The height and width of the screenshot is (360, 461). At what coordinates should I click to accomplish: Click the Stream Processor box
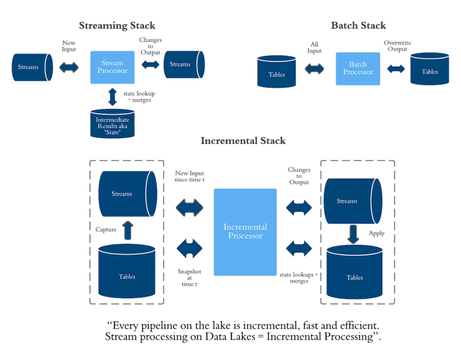click(x=112, y=67)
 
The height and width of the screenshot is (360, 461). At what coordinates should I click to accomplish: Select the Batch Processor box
click(x=358, y=69)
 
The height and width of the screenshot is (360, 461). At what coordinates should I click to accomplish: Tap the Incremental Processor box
click(x=245, y=232)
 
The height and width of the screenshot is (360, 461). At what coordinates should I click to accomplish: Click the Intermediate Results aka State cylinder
click(x=112, y=124)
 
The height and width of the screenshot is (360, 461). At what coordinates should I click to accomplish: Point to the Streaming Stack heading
click(x=117, y=26)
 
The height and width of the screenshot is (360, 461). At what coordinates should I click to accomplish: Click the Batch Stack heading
click(x=359, y=26)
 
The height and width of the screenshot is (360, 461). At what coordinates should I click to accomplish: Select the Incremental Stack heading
click(x=243, y=141)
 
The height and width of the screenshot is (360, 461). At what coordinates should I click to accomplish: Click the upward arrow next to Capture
click(x=128, y=230)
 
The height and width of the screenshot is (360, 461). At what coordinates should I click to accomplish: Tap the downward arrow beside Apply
click(x=353, y=234)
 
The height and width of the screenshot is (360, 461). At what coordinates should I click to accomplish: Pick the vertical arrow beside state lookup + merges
click(x=112, y=97)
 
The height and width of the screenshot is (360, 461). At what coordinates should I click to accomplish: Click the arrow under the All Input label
click(x=314, y=69)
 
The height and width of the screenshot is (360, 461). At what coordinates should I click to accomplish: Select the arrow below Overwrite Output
click(x=396, y=69)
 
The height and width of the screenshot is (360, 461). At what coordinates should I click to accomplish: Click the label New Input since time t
click(x=189, y=177)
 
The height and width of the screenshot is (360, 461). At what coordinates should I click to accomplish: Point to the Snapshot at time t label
click(x=189, y=278)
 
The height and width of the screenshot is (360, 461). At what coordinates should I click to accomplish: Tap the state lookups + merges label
click(x=299, y=278)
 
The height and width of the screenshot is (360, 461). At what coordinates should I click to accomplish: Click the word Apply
click(x=377, y=234)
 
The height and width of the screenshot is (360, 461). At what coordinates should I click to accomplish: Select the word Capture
click(x=106, y=229)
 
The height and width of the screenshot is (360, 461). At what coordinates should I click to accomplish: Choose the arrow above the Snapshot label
click(x=189, y=249)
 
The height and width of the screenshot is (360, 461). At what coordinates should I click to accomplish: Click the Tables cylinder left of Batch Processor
click(x=276, y=71)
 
